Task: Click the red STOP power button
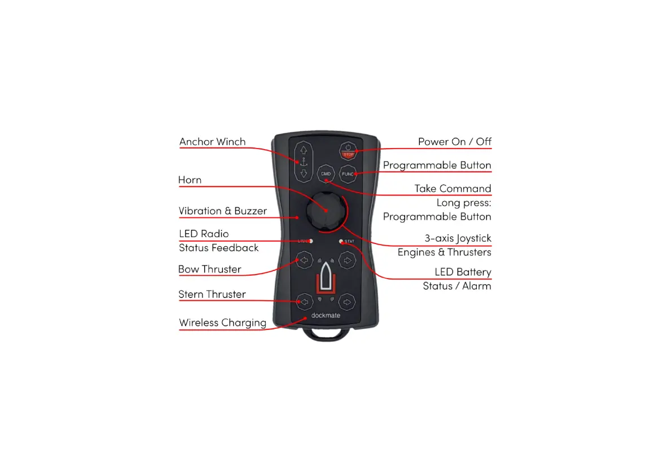348,151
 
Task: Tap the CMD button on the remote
326,173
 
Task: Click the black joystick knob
325,208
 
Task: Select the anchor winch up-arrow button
304,151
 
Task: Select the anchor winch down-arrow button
304,173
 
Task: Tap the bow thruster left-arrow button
305,260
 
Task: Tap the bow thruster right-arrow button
348,260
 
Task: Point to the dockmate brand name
326,315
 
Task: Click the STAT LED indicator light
340,241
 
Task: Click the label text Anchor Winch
212,142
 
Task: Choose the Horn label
190,180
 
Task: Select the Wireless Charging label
222,323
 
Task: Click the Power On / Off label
454,142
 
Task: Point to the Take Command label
453,189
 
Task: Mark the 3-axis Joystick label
458,238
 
